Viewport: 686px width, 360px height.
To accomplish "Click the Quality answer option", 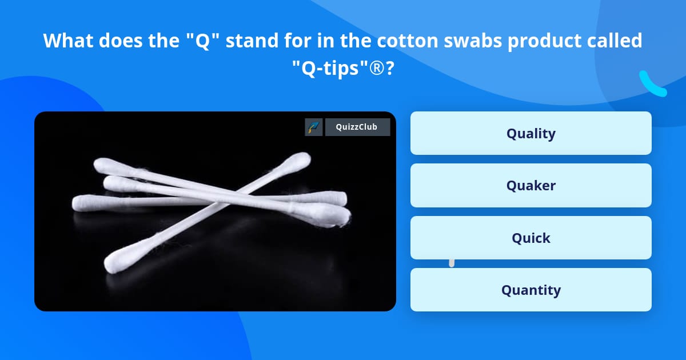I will tap(531, 133).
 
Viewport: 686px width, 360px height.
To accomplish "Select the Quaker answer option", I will tap(531, 185).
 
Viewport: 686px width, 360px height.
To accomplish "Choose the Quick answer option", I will tap(531, 238).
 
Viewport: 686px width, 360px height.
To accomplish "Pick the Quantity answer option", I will tap(531, 290).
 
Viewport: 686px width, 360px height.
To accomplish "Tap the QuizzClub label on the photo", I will tap(357, 127).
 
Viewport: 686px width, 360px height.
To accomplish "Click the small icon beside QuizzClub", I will tap(314, 127).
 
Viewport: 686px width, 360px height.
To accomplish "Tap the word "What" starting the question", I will tap(69, 41).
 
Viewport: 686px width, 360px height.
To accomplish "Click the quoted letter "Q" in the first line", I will tap(204, 41).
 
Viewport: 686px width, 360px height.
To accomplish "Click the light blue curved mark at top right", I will tap(652, 84).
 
